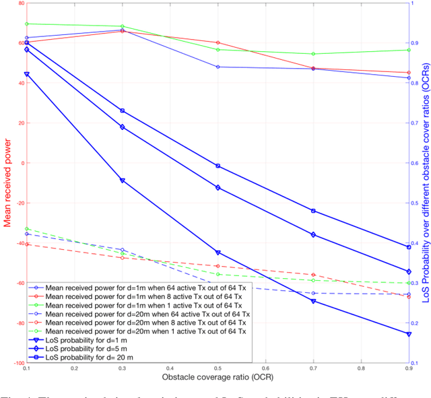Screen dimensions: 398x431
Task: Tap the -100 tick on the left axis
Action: (x=17, y=363)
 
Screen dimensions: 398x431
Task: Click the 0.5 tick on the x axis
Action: (x=218, y=369)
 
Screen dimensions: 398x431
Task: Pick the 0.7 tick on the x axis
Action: (x=313, y=369)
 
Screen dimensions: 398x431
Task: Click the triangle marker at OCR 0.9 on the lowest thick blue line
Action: (x=409, y=334)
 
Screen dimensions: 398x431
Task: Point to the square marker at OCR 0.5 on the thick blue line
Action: (x=218, y=166)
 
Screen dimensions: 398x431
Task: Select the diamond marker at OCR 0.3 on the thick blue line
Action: (x=122, y=127)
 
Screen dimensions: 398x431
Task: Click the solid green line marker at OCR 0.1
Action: (x=27, y=24)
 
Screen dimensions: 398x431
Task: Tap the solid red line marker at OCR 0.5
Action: (x=218, y=42)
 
